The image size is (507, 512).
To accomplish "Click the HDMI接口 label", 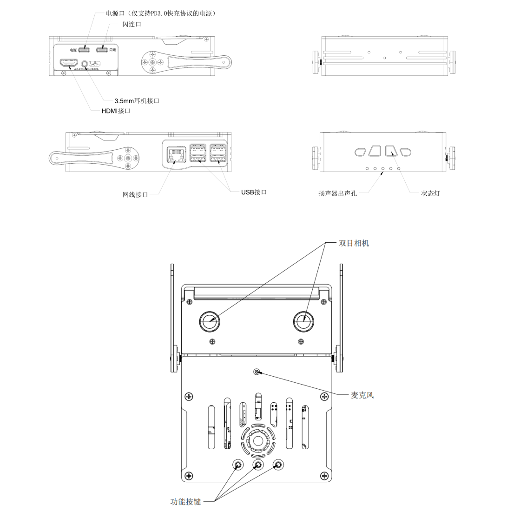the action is tap(116, 111).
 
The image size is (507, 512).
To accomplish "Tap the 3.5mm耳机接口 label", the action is tap(137, 101).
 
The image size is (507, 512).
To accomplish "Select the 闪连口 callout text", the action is tap(132, 24).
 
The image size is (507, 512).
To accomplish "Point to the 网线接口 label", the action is tap(135, 194).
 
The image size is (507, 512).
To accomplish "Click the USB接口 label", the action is tap(254, 193).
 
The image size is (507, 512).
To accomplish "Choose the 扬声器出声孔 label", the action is tap(338, 193).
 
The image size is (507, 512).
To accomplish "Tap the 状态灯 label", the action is tap(431, 193).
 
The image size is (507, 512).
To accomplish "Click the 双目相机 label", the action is tap(354, 243).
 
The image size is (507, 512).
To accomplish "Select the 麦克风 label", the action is tap(362, 395).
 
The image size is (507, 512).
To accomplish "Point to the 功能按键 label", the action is tap(185, 502).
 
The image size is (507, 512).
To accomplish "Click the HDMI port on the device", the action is tap(69, 63).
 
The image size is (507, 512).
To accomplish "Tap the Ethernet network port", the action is tap(176, 154).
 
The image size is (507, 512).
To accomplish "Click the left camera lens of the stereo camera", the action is tap(210, 321).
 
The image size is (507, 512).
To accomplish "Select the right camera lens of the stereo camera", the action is tap(303, 321).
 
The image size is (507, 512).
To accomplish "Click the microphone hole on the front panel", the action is tap(257, 372).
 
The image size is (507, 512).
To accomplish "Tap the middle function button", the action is tap(258, 465).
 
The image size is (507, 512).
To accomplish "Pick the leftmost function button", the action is tap(238, 465).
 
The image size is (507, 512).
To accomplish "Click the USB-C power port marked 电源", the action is tap(84, 50).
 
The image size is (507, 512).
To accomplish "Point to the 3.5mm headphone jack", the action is tap(85, 63).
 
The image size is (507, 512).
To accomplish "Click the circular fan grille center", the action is tap(258, 441).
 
